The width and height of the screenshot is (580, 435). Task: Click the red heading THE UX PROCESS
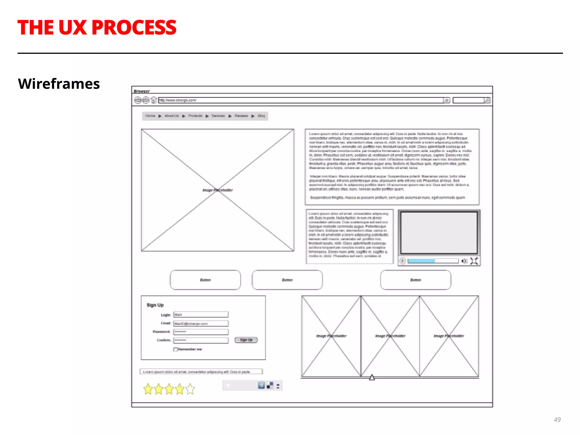coord(97,28)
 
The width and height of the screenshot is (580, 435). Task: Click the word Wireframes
coord(59,84)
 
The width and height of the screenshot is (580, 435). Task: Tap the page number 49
coord(557,419)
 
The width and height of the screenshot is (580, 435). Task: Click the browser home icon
coord(153,100)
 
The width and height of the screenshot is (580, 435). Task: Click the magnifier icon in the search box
coord(487,100)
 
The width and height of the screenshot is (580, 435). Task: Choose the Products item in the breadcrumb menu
coord(195,116)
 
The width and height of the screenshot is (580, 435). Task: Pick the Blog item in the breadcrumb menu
coord(261,116)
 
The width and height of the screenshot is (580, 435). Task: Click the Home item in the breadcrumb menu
coord(150,116)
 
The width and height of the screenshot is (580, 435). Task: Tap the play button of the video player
coord(402,261)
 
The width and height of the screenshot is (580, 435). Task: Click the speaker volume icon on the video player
coord(464,261)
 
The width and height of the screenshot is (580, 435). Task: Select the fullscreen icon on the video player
coord(474,261)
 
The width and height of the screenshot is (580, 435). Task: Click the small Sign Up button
coord(246,340)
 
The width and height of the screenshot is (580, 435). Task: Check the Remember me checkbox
coord(175,349)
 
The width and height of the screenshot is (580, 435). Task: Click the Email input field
coord(201,323)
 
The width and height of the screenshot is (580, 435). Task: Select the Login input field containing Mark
coord(201,315)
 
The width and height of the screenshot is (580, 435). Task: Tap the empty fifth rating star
coord(190,389)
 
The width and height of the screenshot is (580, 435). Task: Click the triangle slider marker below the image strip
coord(372,378)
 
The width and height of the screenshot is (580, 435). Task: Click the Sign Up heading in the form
coord(155,305)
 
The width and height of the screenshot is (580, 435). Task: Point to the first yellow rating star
coord(148,389)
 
